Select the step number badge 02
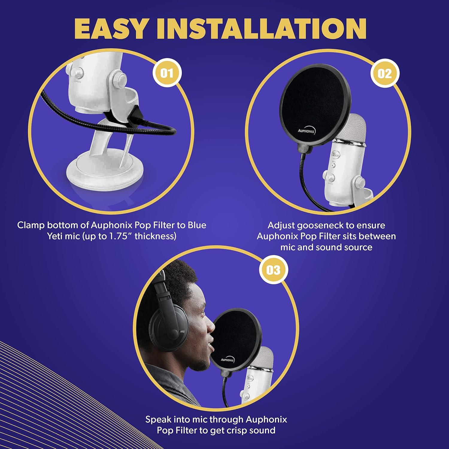pos(385,73)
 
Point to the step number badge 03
pos(273,270)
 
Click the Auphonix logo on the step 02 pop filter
pos(306,131)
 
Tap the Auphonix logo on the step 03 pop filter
pos(228,359)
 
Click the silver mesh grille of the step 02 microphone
pos(352,127)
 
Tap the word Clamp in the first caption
pos(31,225)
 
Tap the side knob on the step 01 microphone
pos(121,79)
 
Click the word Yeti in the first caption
pos(55,236)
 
